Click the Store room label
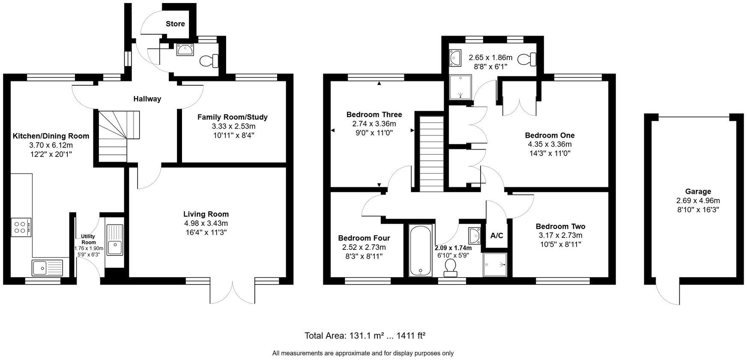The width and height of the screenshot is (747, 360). (175, 24)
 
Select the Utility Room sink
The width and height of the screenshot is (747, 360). (115, 246)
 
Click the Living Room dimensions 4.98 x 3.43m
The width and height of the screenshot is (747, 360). (206, 223)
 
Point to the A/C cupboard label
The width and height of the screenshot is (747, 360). (496, 236)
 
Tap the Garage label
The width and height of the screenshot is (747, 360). (698, 192)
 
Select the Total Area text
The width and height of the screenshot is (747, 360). (365, 336)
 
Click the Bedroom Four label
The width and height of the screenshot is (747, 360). (364, 238)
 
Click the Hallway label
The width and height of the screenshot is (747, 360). (147, 99)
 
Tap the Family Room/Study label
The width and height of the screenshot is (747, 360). (232, 117)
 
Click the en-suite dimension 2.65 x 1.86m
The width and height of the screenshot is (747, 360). (490, 57)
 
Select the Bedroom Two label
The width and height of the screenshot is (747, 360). (560, 226)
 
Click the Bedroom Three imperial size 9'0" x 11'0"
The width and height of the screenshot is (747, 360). (374, 133)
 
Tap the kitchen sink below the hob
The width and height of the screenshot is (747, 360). (47, 268)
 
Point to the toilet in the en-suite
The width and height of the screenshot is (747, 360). (528, 59)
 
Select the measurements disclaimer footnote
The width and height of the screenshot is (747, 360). (363, 353)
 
